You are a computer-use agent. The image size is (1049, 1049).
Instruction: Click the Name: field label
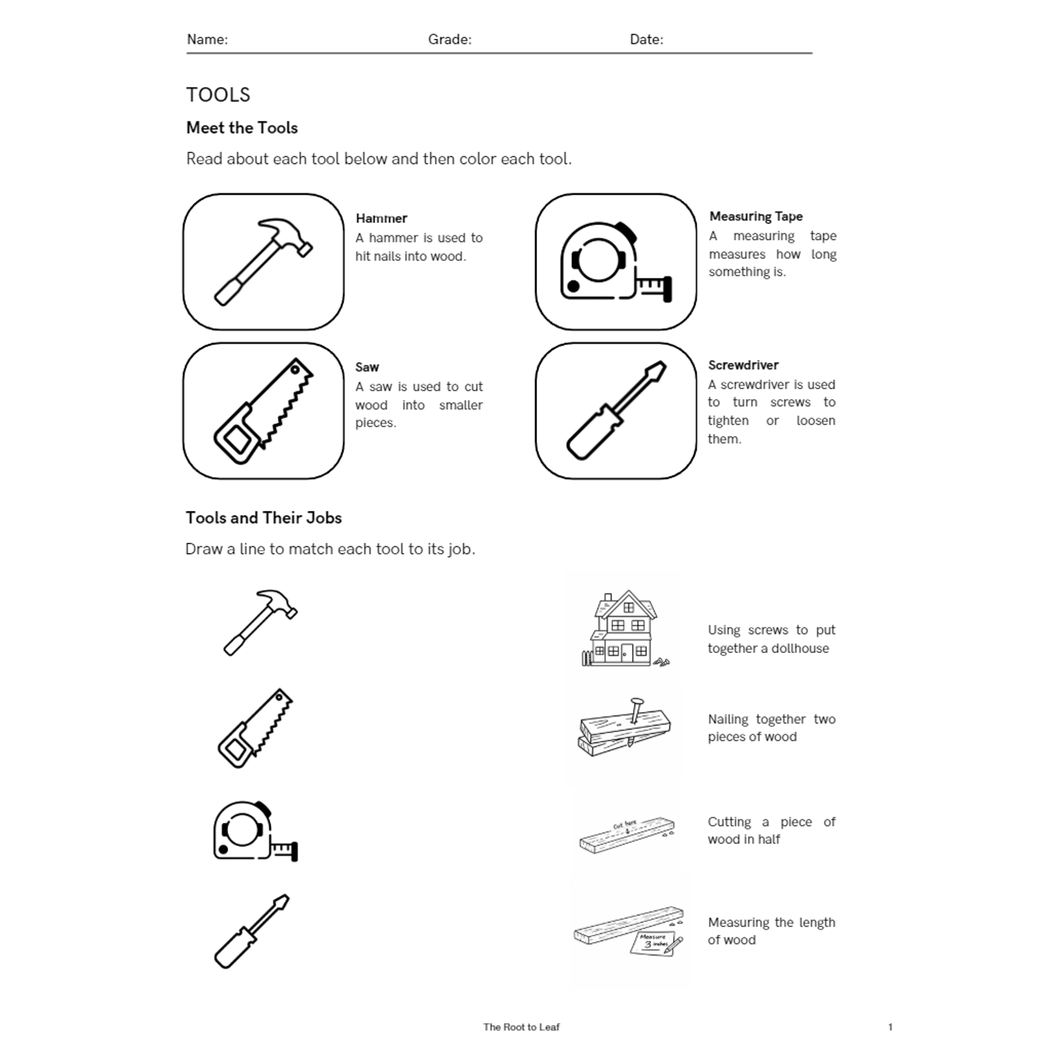207,40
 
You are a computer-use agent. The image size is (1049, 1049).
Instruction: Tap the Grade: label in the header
449,40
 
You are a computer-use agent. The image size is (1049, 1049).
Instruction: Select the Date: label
646,40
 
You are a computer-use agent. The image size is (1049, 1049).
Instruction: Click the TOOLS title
218,95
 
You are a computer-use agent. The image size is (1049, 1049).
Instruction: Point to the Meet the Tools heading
242,128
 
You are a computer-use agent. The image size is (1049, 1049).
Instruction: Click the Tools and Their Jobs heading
263,518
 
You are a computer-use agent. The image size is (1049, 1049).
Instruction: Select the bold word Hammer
381,218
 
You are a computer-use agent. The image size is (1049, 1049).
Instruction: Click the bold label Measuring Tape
756,217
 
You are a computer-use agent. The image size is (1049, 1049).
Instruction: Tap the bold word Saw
367,368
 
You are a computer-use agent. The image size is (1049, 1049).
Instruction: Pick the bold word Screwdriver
743,366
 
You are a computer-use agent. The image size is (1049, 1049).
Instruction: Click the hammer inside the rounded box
263,262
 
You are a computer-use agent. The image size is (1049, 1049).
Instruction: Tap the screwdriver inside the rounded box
616,411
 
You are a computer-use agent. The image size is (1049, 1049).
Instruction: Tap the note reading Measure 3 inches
653,942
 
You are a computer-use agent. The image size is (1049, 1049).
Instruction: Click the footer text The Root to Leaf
521,1027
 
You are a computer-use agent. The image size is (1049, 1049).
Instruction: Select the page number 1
890,1027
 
